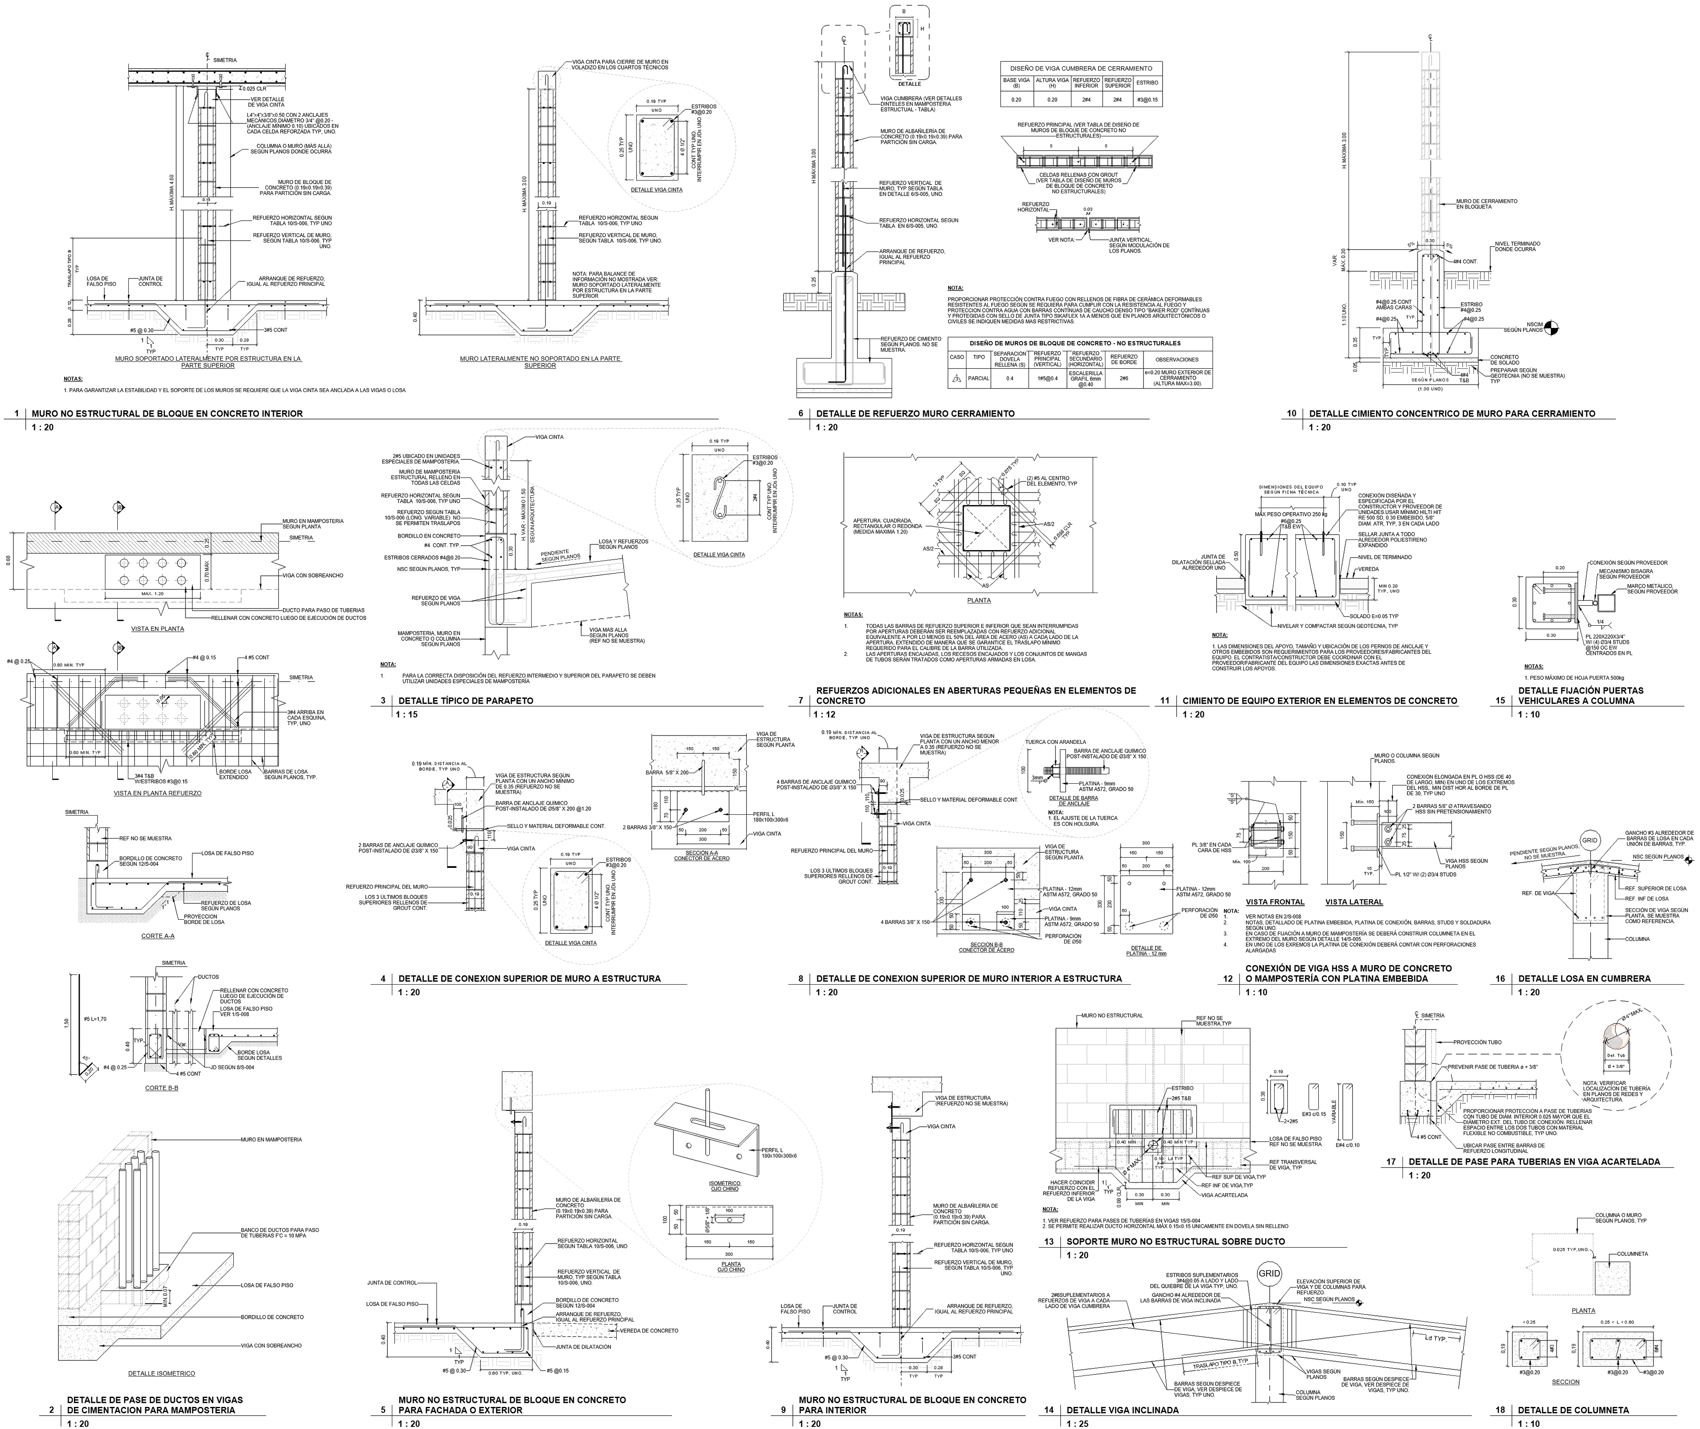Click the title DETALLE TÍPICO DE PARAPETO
point(465,701)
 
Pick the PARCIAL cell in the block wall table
point(979,377)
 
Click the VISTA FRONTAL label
point(1275,901)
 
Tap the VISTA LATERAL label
point(1354,901)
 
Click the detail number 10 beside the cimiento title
point(1292,414)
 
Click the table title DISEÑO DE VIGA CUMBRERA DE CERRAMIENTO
point(1081,68)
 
